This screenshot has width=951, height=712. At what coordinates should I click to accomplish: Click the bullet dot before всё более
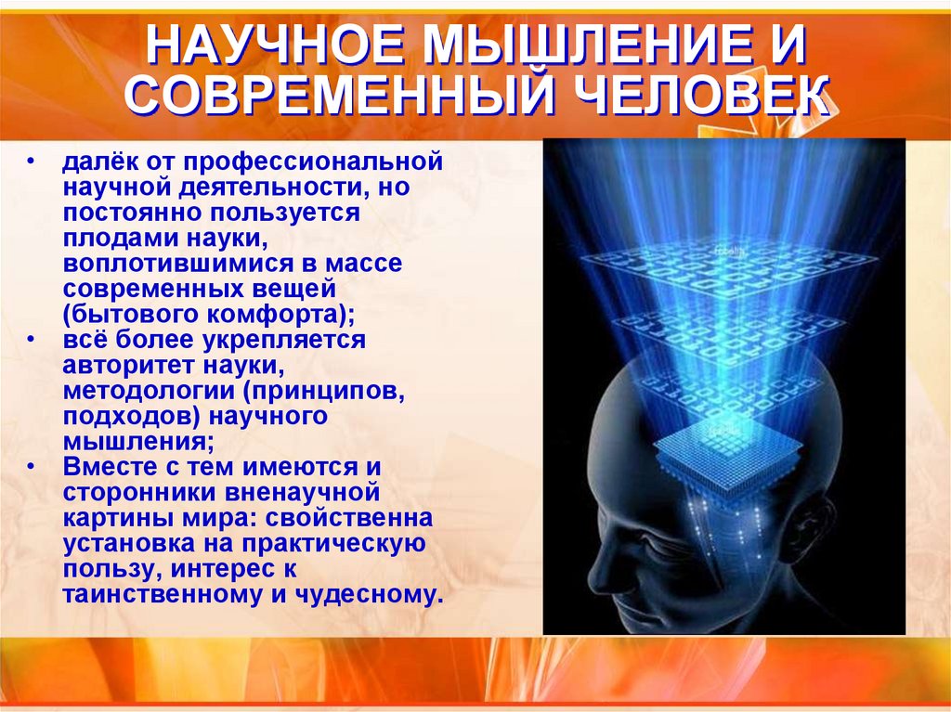pos(33,340)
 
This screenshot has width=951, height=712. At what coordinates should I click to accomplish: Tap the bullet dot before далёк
pos(33,162)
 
